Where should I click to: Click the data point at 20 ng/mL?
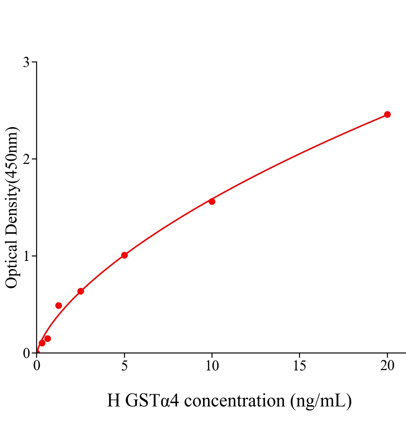pos(387,114)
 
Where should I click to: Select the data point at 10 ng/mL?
pos(212,201)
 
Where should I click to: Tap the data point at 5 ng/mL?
pos(124,255)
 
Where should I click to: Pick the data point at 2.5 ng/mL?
pos(81,291)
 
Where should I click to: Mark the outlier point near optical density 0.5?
pos(58,305)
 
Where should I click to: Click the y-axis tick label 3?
pos(26,62)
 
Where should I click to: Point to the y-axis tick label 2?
pos(26,159)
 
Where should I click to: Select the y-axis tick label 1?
pos(26,256)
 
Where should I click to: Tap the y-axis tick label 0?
pos(26,353)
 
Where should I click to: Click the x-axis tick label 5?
pos(124,366)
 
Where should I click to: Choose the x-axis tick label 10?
pos(212,366)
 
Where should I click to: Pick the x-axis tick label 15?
pos(300,366)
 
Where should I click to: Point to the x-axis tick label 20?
pos(387,366)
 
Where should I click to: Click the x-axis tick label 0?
pos(37,366)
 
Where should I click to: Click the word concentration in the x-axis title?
pos(234,401)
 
